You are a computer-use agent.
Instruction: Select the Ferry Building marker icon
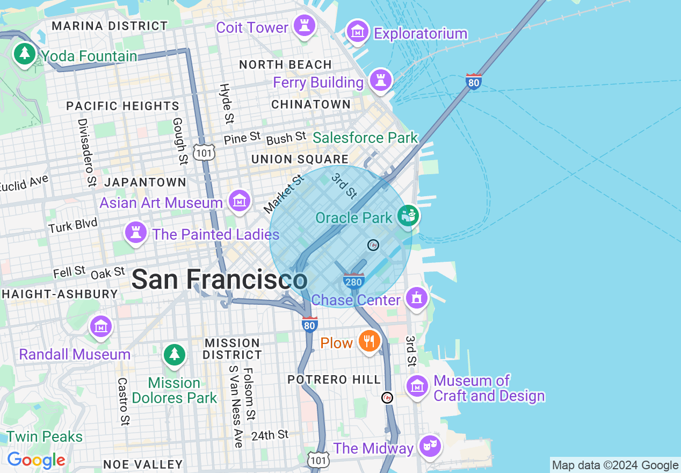pyautogui.click(x=381, y=81)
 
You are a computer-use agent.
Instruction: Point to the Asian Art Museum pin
pyautogui.click(x=239, y=201)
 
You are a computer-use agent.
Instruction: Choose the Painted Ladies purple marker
pyautogui.click(x=136, y=233)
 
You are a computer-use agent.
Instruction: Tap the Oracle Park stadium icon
pyautogui.click(x=408, y=217)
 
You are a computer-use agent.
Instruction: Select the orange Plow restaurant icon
pyautogui.click(x=369, y=341)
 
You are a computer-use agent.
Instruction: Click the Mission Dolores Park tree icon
pyautogui.click(x=174, y=355)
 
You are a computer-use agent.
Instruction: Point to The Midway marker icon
pyautogui.click(x=430, y=446)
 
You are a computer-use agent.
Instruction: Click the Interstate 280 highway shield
pyautogui.click(x=354, y=281)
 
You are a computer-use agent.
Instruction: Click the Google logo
pyautogui.click(x=36, y=460)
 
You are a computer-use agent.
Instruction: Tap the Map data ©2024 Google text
pyautogui.click(x=615, y=465)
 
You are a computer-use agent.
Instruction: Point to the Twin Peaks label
pyautogui.click(x=45, y=436)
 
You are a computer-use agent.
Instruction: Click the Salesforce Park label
pyautogui.click(x=365, y=138)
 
